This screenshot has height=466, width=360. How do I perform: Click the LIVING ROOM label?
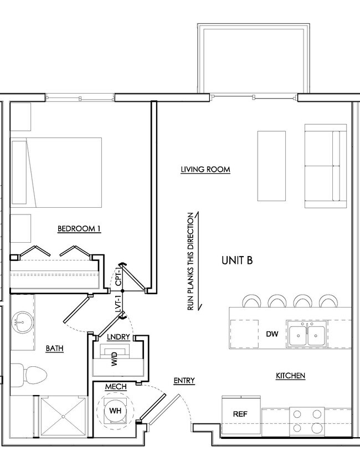click(205, 170)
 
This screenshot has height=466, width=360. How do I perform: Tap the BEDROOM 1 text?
click(79, 228)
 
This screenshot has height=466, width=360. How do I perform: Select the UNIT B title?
click(237, 260)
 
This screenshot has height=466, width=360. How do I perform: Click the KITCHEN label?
click(290, 376)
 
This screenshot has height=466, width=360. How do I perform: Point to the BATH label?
click(54, 349)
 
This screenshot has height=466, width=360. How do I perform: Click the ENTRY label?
click(184, 380)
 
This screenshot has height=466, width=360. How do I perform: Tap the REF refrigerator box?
click(239, 414)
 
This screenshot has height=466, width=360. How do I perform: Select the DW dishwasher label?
click(272, 334)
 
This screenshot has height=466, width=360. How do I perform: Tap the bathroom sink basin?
click(23, 322)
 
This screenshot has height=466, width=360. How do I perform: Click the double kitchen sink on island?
click(307, 334)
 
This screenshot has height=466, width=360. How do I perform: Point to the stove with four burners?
click(307, 421)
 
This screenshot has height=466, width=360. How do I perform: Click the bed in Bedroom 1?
click(57, 172)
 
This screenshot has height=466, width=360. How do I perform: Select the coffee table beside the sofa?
click(271, 166)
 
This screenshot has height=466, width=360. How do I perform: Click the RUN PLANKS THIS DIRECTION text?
click(191, 262)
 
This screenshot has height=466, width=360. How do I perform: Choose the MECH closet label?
click(116, 386)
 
